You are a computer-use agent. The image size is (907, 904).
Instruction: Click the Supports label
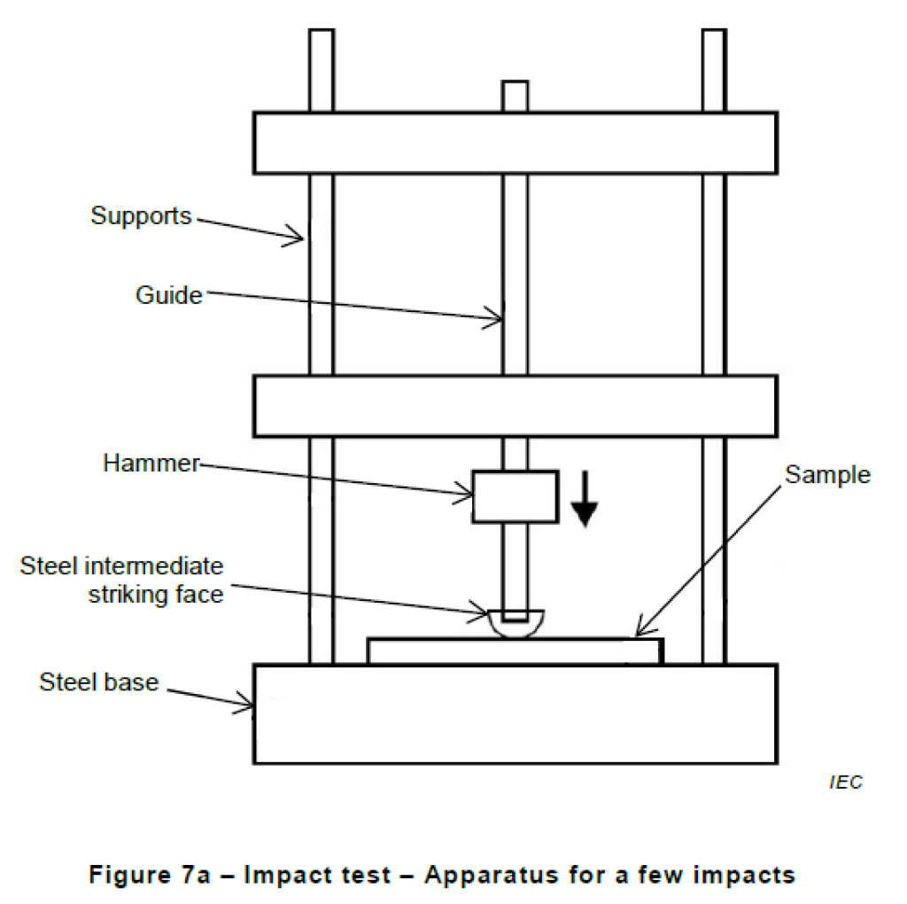(141, 215)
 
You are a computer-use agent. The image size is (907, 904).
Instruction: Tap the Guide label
(168, 294)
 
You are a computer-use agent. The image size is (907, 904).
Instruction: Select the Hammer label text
(151, 463)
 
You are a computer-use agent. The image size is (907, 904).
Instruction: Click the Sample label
(827, 475)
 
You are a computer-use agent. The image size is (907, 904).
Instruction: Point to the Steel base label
(98, 682)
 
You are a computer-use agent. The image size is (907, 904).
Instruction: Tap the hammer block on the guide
(515, 496)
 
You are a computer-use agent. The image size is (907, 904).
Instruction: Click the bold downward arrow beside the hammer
(585, 503)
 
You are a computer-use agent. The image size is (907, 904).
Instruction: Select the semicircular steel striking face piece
(515, 622)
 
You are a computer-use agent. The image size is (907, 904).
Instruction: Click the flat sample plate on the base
(515, 651)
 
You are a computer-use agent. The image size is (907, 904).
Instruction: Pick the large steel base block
(515, 713)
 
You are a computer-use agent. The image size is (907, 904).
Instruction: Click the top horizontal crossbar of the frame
(515, 143)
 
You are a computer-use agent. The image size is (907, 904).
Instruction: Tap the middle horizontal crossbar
(515, 406)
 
